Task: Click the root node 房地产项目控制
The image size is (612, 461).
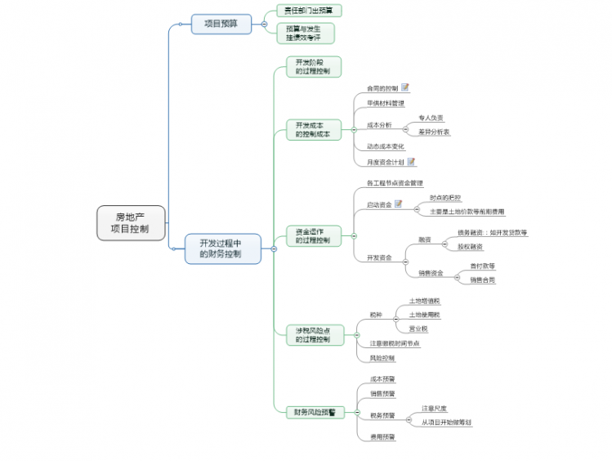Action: pos(131,223)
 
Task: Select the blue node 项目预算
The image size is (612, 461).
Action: pos(221,24)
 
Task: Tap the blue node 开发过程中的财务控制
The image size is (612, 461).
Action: pos(221,248)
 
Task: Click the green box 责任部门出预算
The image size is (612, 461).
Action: pos(308,11)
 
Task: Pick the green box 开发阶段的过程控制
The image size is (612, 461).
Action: pos(313,67)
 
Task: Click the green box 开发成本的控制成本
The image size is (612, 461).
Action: pos(313,130)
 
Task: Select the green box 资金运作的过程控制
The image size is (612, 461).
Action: pos(313,236)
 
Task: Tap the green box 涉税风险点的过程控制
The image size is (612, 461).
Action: pos(313,334)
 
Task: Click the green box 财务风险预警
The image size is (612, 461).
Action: pos(313,412)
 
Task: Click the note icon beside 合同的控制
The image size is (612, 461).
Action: pos(405,87)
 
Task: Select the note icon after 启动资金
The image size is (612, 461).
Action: pos(399,204)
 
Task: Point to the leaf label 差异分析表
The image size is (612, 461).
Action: pos(434,132)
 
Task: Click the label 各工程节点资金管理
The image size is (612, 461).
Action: pos(395,183)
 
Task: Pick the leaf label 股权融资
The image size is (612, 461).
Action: pos(470,246)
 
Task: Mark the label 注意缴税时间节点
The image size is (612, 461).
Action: pos(395,343)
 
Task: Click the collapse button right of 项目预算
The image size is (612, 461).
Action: pos(263,24)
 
